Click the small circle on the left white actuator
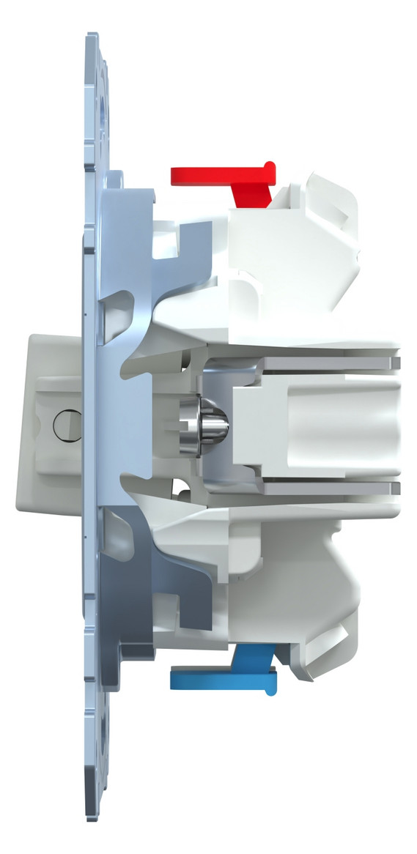[x=64, y=424]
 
